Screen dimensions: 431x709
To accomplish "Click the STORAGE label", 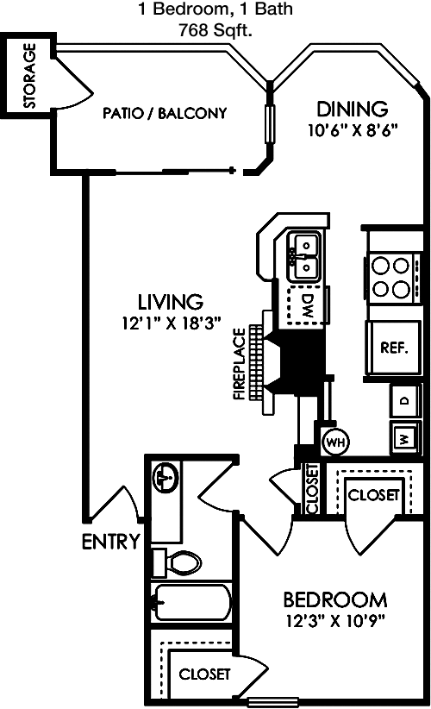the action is (x=29, y=76).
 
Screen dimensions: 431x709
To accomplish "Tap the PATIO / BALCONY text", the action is (x=165, y=113).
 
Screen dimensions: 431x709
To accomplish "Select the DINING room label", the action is (x=352, y=109).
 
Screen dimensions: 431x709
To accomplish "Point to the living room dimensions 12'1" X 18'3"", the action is (x=172, y=323).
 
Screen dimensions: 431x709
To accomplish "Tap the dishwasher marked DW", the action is (x=305, y=305).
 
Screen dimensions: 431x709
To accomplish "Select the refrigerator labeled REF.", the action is (x=394, y=348).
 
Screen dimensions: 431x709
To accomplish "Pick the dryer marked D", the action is (x=405, y=400).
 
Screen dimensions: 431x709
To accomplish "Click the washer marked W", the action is (x=405, y=437).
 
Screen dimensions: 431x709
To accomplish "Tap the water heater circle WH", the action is (x=335, y=442).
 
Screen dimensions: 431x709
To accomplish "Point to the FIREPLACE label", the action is (x=240, y=364).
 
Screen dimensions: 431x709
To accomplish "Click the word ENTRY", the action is (x=110, y=542).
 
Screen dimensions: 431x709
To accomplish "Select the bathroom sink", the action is (x=166, y=478).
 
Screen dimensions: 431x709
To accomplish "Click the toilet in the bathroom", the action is (x=177, y=563).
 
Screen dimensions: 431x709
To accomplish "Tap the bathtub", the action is (x=192, y=602).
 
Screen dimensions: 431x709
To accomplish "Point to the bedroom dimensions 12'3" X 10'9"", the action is (x=334, y=621).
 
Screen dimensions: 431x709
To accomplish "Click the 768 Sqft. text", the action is (x=215, y=31).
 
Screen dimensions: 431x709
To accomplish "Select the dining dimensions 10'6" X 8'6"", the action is (x=353, y=131).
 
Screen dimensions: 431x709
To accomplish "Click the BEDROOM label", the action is (x=335, y=600).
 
